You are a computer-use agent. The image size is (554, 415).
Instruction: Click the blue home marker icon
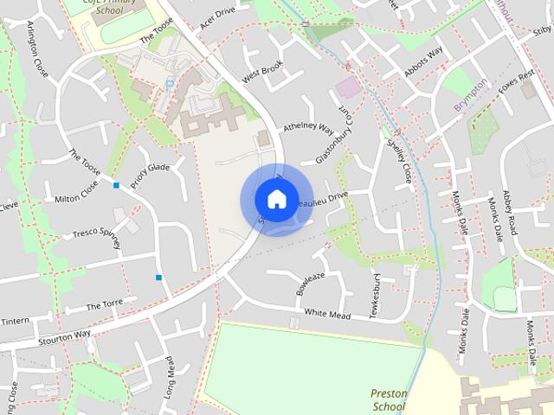click(x=276, y=199)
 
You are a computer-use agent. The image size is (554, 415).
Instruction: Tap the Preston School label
click(x=389, y=399)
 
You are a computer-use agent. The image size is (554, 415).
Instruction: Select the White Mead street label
click(x=327, y=314)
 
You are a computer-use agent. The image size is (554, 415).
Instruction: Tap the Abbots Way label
click(x=423, y=62)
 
